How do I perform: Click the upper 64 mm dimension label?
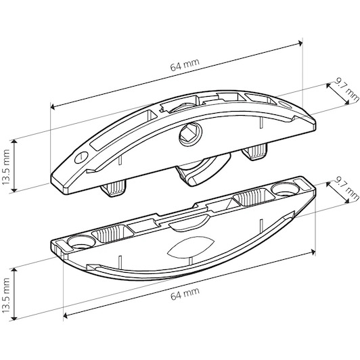tap(185, 65)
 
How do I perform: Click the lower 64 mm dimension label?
tap(185, 294)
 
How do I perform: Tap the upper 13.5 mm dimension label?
tap(5, 167)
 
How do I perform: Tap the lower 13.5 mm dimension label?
tap(5, 295)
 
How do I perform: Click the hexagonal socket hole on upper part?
tap(190, 136)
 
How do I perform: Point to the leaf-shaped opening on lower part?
tap(191, 246)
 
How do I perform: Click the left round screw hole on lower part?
tap(81, 243)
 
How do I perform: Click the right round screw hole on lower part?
tap(286, 189)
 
